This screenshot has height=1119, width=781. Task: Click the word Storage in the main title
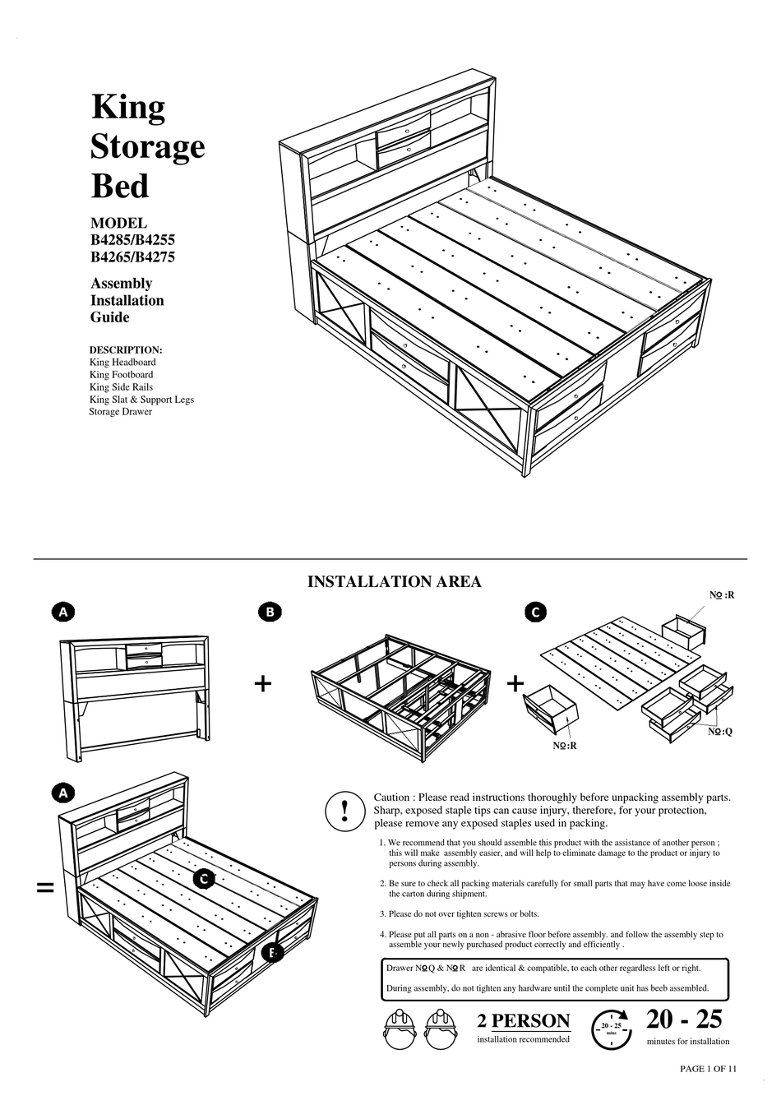[147, 147]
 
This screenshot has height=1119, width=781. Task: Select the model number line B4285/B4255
[132, 240]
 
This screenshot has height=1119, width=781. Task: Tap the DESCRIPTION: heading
[126, 349]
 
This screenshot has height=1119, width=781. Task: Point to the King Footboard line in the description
[121, 374]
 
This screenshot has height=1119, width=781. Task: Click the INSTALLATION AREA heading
[394, 582]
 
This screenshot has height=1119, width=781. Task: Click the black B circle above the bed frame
[269, 612]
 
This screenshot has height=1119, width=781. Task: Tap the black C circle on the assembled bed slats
[204, 878]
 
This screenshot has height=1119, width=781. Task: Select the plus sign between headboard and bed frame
[263, 683]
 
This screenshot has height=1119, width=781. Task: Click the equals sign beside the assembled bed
[45, 887]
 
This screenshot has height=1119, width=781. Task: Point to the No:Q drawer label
[720, 732]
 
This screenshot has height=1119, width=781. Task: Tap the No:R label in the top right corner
[722, 594]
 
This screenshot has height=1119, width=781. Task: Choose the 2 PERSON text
[523, 1021]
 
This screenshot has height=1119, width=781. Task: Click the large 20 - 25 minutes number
[683, 1020]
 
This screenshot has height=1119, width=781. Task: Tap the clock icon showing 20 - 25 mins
[612, 1029]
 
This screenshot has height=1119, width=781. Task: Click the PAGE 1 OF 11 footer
[708, 1069]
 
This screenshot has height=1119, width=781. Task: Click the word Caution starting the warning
[391, 798]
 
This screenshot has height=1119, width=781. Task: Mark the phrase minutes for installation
[687, 1042]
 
